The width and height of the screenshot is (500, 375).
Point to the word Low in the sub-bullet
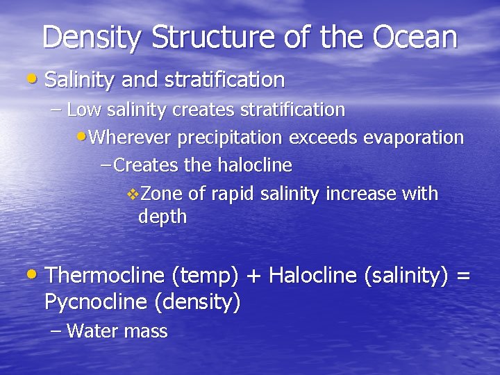click(x=83, y=110)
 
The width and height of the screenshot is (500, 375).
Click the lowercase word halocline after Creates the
click(x=255, y=165)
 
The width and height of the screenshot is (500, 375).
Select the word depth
click(x=162, y=217)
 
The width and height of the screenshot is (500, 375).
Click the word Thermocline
click(x=104, y=276)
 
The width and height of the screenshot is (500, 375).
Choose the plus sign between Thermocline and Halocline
click(x=253, y=276)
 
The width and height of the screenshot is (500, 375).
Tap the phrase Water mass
click(x=117, y=331)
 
